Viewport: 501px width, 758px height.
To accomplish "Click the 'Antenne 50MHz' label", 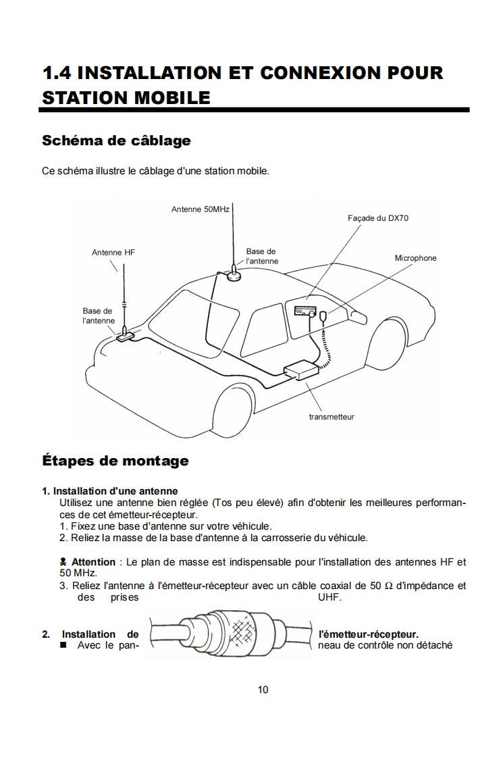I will pos(201,209).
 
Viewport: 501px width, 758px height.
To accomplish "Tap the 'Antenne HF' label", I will pos(113,252).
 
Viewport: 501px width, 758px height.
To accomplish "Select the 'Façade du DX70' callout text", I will pos(378,218).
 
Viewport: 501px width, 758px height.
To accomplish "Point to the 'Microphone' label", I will pos(415,258).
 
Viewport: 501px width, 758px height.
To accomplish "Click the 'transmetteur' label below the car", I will pos(332,417).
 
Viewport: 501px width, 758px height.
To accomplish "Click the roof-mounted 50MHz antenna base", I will pos(234,274).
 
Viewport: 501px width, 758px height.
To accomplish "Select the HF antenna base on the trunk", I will pos(125,334).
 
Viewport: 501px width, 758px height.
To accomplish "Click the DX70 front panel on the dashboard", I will pos(305,311).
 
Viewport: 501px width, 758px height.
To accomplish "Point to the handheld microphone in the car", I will pos(324,317).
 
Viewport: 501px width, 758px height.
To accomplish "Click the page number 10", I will pos(263,690).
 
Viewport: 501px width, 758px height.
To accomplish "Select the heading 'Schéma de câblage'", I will pos(116,141).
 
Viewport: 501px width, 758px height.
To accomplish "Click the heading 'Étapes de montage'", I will pos(115,461).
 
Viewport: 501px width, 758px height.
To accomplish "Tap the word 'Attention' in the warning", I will pos(93,562).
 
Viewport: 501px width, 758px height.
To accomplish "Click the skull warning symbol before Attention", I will pos(63,562).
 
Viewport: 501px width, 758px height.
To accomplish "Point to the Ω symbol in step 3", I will pos(388,586).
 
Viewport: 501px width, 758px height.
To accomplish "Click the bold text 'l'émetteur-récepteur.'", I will pos(368,634).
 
